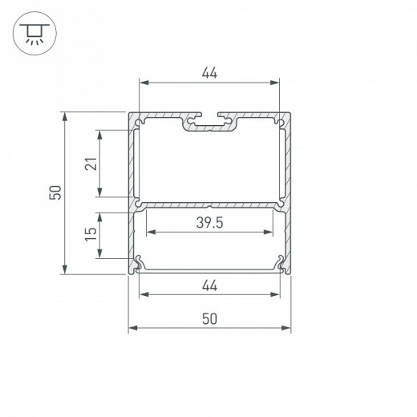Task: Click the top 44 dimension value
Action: pyautogui.click(x=209, y=73)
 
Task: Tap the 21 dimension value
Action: pyautogui.click(x=91, y=164)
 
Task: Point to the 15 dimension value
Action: pyautogui.click(x=91, y=234)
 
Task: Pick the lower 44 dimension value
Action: pyautogui.click(x=209, y=285)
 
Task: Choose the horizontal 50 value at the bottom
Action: pyautogui.click(x=209, y=318)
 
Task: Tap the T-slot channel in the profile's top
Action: pyautogui.click(x=209, y=124)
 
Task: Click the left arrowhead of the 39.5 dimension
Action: pyautogui.click(x=148, y=233)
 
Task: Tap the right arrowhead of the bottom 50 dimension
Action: pyautogui.click(x=287, y=328)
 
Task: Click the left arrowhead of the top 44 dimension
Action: pyautogui.click(x=143, y=83)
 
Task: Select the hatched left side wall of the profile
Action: pyautogui.click(x=132, y=192)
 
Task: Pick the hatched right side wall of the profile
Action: pyautogui.click(x=287, y=192)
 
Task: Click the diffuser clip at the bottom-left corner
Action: pyautogui.click(x=140, y=262)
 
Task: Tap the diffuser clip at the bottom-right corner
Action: pyautogui.click(x=280, y=262)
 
